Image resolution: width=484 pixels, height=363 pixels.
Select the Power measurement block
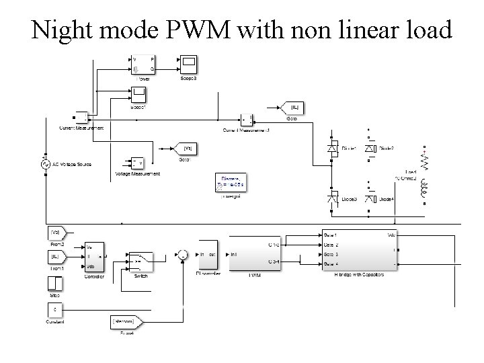pos(143,65)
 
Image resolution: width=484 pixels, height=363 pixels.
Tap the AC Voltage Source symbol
pos(46,163)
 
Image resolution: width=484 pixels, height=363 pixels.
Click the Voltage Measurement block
pos(137,163)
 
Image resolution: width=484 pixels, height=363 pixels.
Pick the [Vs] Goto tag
pos(188,148)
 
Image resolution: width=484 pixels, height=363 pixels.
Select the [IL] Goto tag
pos(292,108)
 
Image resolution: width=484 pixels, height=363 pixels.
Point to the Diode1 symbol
pos(332,148)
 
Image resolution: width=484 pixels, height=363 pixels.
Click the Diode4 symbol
pos(368,199)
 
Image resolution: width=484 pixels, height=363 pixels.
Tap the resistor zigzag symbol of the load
pos(424,160)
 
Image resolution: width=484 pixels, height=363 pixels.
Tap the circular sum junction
pos(182,254)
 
